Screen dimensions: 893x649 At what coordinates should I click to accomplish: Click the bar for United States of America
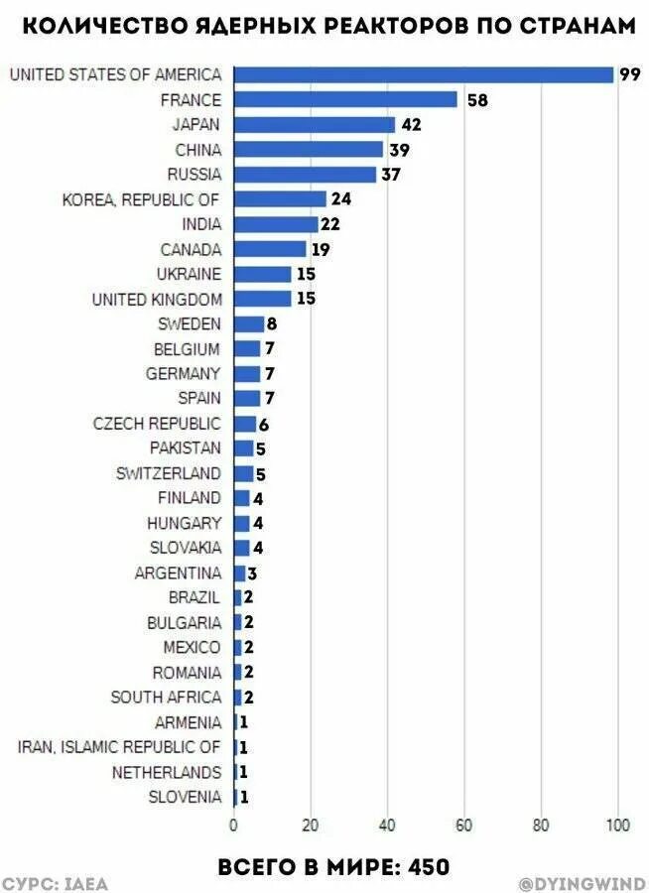click(x=424, y=75)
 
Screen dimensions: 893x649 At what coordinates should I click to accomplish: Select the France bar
click(x=345, y=100)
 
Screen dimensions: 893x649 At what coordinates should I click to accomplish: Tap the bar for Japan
click(x=315, y=125)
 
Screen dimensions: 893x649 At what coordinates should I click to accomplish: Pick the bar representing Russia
click(x=305, y=175)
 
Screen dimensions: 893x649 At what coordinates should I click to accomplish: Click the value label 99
click(x=629, y=75)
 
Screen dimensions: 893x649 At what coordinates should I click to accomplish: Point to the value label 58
click(x=476, y=100)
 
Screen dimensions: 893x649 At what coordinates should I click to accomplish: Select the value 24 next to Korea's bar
click(x=341, y=199)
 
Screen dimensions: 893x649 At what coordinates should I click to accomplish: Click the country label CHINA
click(x=198, y=150)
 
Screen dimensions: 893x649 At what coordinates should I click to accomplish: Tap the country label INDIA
click(x=202, y=224)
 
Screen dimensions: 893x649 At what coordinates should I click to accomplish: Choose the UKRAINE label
click(x=190, y=274)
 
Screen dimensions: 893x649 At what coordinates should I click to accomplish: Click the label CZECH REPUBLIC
click(x=157, y=424)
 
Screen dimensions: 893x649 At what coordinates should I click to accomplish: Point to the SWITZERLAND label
click(x=169, y=473)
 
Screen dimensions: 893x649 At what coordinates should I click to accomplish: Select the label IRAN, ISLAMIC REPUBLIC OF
click(x=119, y=747)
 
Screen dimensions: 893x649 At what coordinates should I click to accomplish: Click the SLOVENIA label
click(x=186, y=797)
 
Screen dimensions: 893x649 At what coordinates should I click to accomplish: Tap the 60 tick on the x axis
click(x=463, y=824)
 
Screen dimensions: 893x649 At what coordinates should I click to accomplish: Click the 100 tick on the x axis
click(x=617, y=824)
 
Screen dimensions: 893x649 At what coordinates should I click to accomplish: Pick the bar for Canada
click(x=270, y=249)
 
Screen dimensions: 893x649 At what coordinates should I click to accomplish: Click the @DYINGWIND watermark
click(x=583, y=883)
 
